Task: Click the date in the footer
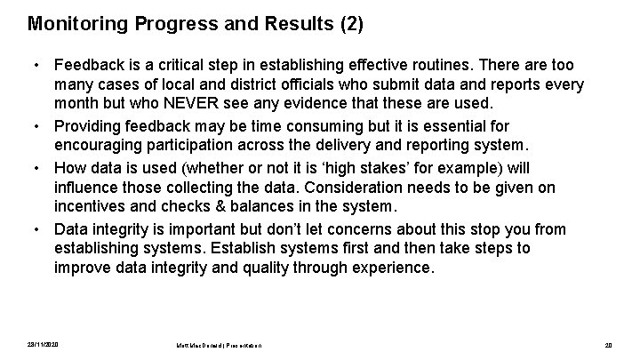[x=44, y=343]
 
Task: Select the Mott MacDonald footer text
[x=220, y=343]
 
